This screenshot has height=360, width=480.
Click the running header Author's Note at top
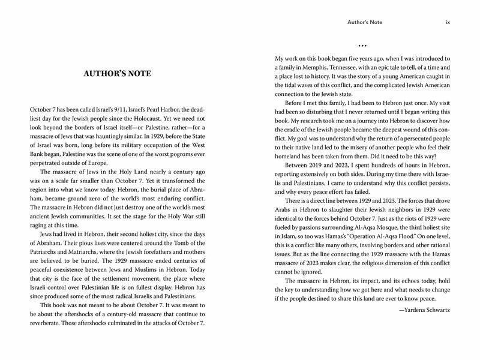point(365,23)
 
